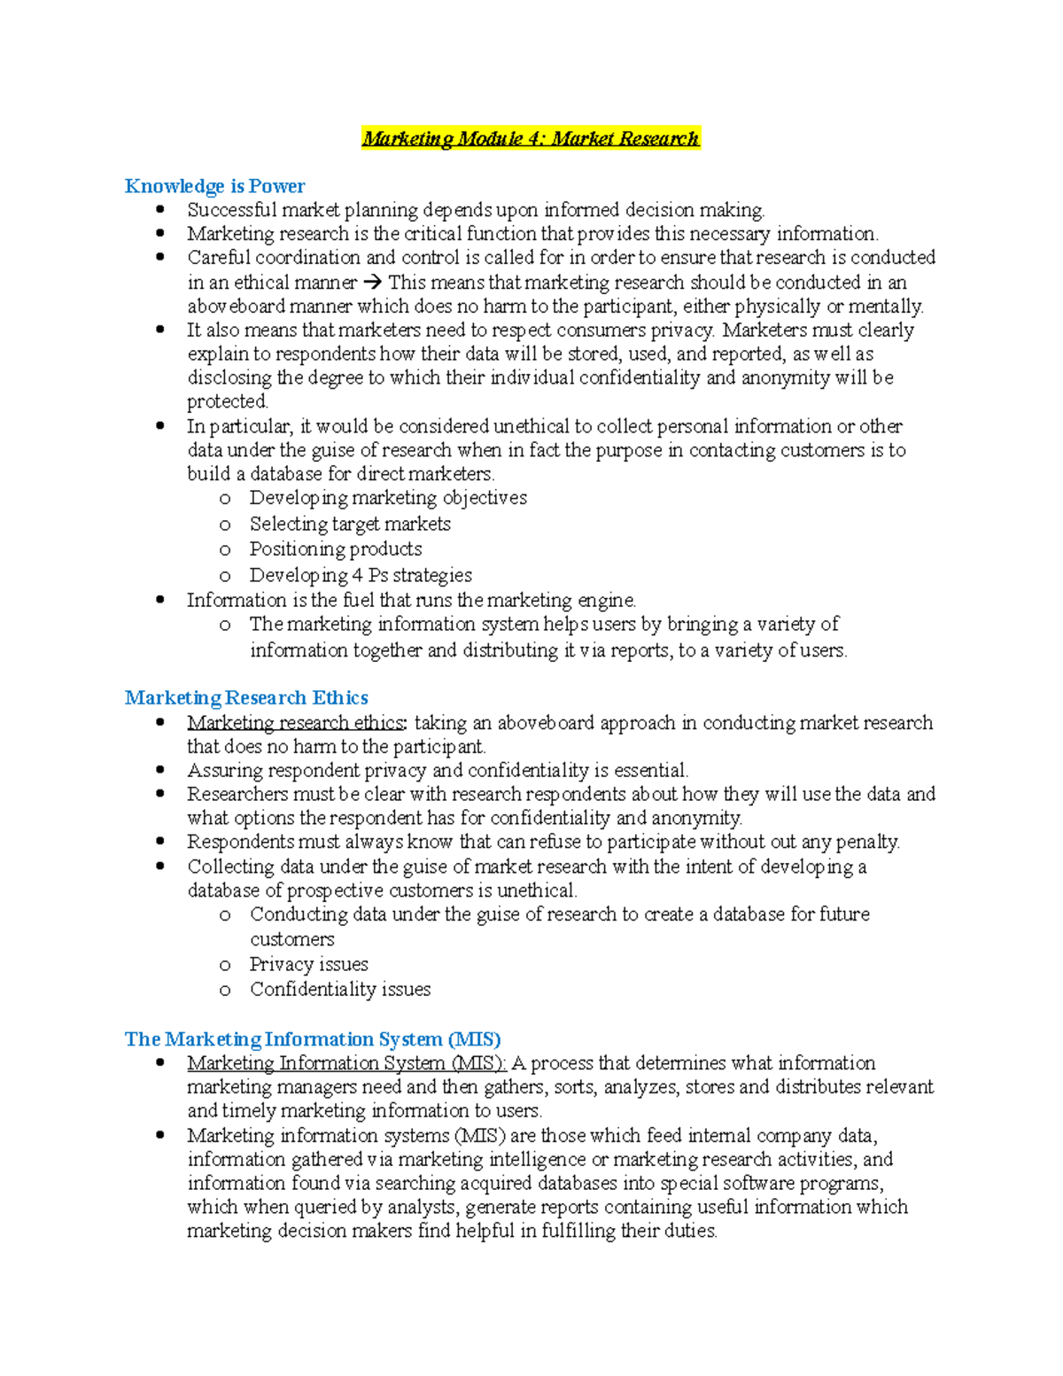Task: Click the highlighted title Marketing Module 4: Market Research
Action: (x=531, y=138)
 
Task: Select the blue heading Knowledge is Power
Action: (x=214, y=186)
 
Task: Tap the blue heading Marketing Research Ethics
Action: (x=246, y=698)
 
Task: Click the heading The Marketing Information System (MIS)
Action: (x=313, y=1039)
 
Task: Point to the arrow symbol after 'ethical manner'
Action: (x=372, y=283)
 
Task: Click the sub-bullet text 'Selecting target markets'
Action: (x=350, y=525)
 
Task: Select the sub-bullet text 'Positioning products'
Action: (x=336, y=549)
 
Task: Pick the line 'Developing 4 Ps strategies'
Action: (x=361, y=575)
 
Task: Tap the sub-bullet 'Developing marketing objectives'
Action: (x=388, y=498)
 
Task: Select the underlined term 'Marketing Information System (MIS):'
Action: (x=346, y=1063)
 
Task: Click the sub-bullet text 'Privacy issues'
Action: (x=308, y=964)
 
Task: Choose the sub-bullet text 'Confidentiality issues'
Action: (x=340, y=989)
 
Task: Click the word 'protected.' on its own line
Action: (x=228, y=401)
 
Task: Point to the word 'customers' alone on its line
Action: (x=292, y=939)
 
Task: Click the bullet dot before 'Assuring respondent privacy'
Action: (x=160, y=770)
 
